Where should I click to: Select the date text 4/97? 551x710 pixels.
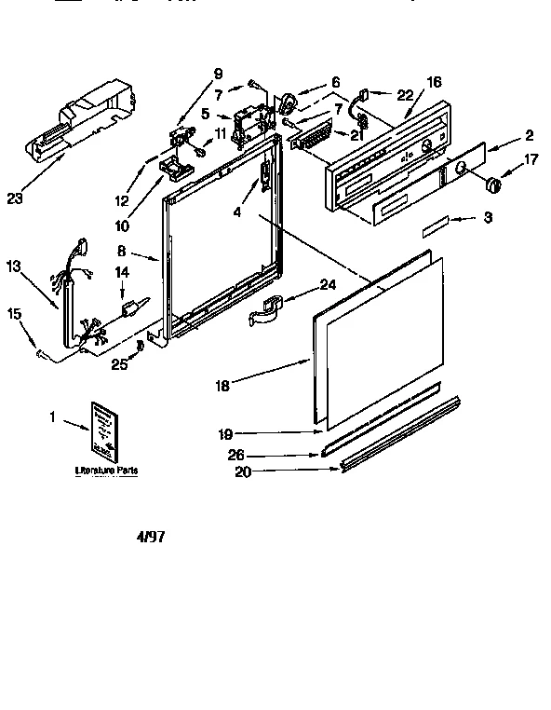point(155,538)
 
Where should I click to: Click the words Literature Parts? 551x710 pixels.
point(106,472)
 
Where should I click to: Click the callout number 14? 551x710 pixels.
point(120,272)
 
